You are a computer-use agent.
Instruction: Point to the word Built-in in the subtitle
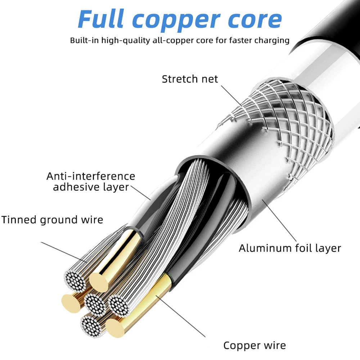pos(85,40)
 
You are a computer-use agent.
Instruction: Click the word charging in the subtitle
pos(272,40)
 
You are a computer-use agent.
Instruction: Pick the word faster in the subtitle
pos(242,40)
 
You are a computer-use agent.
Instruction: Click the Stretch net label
pos(190,79)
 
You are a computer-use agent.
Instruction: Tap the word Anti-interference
pos(91,176)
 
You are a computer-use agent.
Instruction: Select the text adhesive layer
pos(91,187)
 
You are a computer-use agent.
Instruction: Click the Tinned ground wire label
pos(52,220)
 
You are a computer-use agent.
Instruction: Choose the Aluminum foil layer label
pos(290,248)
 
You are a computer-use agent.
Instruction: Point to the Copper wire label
pos(255,346)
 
